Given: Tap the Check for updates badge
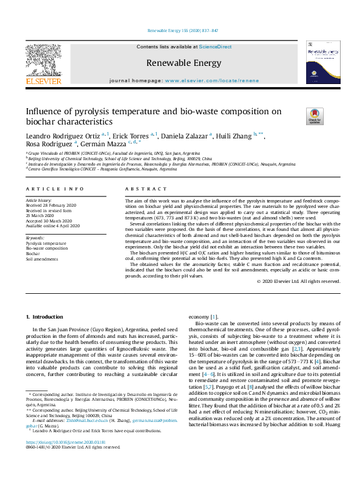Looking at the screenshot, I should pyautogui.click(x=298, y=116).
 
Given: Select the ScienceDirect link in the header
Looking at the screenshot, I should pyautogui.click(x=216, y=47).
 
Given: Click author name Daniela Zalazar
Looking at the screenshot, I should pyautogui.click(x=186, y=135).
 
